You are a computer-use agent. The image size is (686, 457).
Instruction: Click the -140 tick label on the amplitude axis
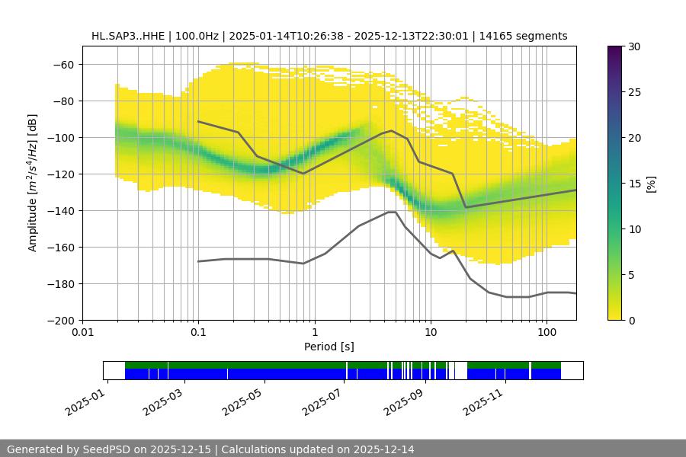point(62,210)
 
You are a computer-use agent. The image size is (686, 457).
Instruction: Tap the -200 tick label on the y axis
point(62,320)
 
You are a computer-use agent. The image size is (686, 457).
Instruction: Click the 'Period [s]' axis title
point(329,347)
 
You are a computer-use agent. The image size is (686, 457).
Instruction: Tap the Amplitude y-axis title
point(33,183)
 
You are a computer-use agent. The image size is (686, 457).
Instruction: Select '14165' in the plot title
point(505,36)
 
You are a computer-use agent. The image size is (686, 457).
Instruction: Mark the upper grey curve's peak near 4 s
point(392,130)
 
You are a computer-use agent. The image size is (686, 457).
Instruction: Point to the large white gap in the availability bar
point(459,370)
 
